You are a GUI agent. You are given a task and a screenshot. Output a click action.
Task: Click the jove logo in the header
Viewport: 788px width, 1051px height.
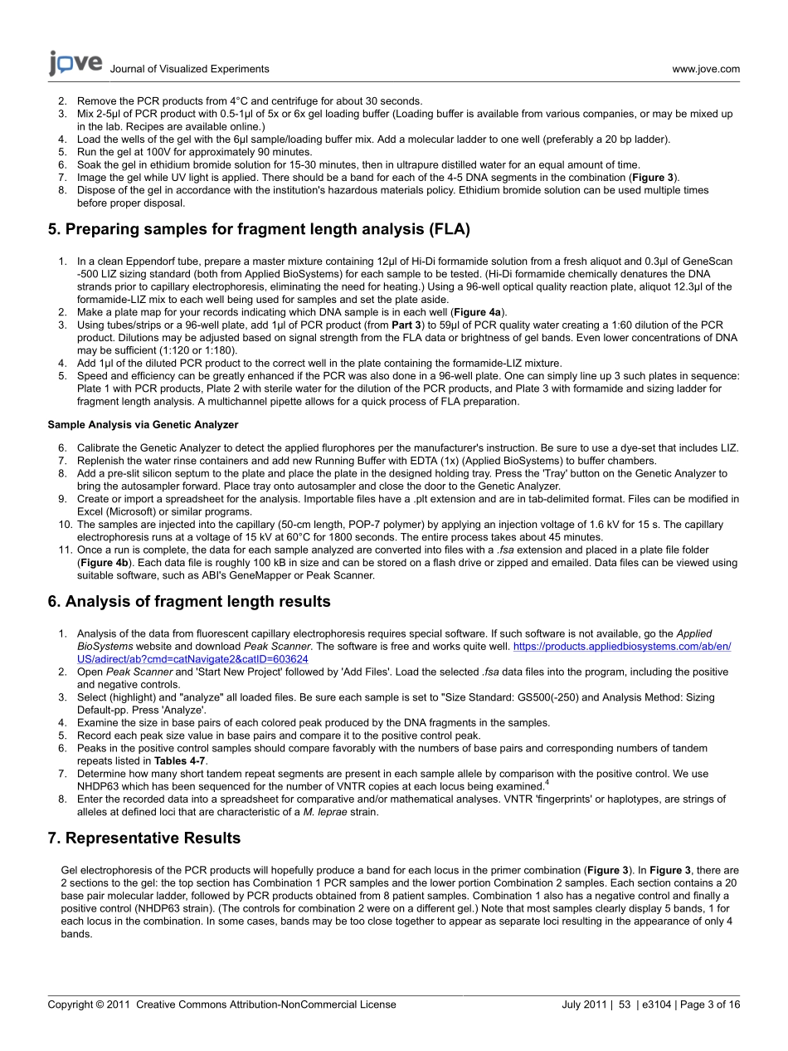75,63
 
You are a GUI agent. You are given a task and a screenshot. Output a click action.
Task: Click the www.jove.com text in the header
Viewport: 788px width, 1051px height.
706,69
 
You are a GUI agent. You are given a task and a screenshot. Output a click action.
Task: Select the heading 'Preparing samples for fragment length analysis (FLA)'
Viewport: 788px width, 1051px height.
259,229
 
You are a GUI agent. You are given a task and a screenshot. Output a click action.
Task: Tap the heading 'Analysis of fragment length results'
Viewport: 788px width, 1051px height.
189,601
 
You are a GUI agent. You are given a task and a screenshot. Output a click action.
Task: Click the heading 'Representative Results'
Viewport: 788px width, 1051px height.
144,838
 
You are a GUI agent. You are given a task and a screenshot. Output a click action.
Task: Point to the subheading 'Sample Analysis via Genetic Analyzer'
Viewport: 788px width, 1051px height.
130,424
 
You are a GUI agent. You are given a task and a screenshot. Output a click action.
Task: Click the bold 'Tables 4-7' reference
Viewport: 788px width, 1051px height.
181,760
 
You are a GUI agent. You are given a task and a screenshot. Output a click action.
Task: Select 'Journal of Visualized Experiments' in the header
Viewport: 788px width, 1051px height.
189,69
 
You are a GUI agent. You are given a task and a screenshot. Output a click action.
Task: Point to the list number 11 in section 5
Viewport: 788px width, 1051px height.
63,550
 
